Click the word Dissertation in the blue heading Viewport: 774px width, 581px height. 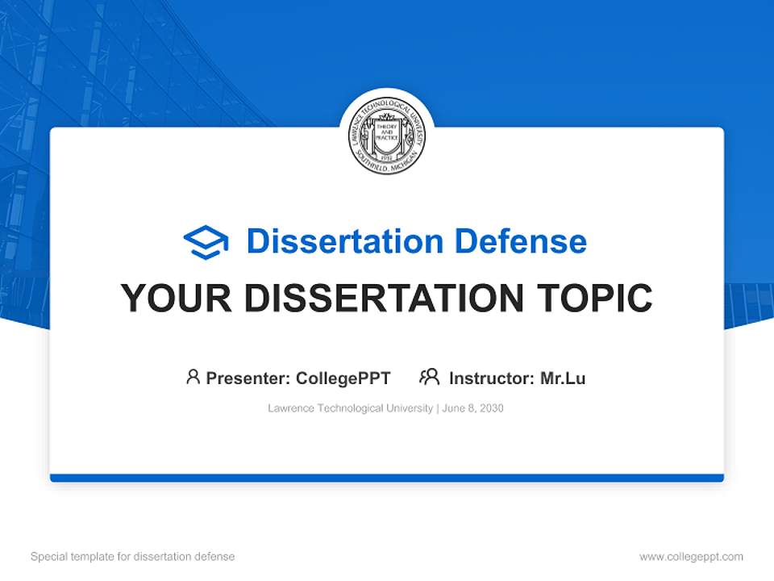pos(344,241)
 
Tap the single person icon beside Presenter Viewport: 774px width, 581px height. pos(193,377)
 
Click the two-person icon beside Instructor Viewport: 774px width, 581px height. pos(429,377)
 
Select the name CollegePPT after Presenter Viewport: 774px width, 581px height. pos(343,378)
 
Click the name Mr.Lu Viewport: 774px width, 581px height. pos(563,378)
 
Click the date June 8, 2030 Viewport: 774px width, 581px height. pos(472,408)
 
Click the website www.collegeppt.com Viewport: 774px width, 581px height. pos(691,557)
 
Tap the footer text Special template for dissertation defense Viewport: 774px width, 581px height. pos(133,557)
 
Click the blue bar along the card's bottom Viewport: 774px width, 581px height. pos(387,478)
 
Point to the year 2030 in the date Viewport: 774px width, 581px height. pos(491,408)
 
